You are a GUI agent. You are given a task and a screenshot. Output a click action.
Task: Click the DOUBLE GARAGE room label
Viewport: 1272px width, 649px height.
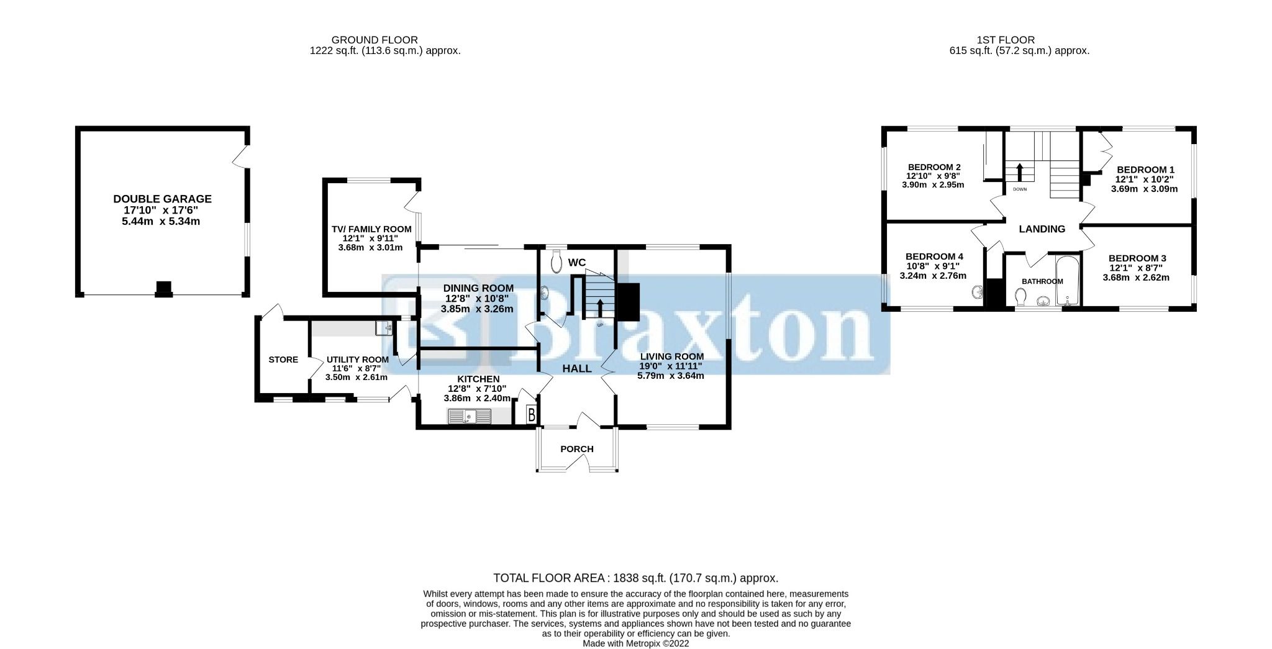coord(162,199)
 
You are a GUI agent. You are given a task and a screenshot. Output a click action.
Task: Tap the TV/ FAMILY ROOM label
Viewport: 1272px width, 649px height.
coord(371,229)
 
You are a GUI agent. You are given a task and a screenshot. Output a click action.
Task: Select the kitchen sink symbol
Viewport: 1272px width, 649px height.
coord(470,416)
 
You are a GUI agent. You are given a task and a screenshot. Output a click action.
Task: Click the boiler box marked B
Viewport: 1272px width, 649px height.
coord(532,414)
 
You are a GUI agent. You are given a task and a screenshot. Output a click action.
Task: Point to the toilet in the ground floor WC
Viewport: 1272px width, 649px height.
coord(556,261)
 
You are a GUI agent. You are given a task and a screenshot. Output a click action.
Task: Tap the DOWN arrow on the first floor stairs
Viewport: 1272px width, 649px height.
coord(1019,173)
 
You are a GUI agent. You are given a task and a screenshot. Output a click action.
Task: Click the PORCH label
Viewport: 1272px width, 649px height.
coord(577,449)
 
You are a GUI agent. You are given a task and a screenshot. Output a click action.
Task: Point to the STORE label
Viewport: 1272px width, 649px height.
coord(283,360)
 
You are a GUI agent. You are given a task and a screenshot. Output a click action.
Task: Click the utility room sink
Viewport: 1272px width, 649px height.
coord(384,327)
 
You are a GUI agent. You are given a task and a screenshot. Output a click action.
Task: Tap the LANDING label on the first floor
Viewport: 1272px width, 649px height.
coord(1042,229)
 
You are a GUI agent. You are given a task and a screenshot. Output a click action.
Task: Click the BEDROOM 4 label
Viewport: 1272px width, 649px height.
coord(934,256)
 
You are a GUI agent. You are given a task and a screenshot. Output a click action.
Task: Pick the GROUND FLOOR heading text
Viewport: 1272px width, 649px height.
coord(375,40)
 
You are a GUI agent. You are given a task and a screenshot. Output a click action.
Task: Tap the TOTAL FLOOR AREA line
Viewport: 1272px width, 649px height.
coord(635,578)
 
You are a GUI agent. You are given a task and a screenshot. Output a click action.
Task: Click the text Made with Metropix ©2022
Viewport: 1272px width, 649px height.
coord(635,643)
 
